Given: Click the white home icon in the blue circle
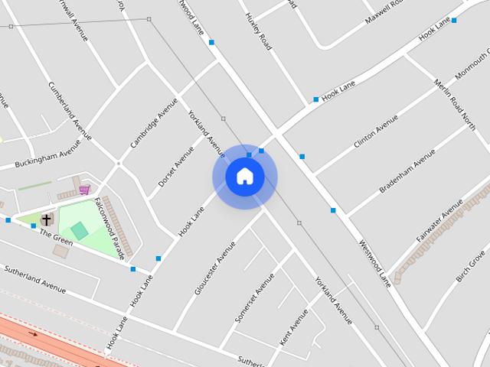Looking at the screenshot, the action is point(245,176).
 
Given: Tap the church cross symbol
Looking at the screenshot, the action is point(46,219).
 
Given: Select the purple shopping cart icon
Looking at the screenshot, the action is point(83,189).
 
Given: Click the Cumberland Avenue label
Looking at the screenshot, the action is point(70,112).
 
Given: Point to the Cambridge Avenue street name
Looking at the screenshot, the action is point(154,122).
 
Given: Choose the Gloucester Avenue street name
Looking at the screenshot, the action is point(215,268).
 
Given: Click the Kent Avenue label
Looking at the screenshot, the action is point(294,326).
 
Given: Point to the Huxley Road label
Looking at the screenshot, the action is point(258,31).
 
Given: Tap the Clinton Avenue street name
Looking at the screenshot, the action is point(376,132).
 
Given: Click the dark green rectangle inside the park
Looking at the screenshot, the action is point(79,230).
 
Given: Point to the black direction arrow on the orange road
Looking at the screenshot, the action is point(33,333).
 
